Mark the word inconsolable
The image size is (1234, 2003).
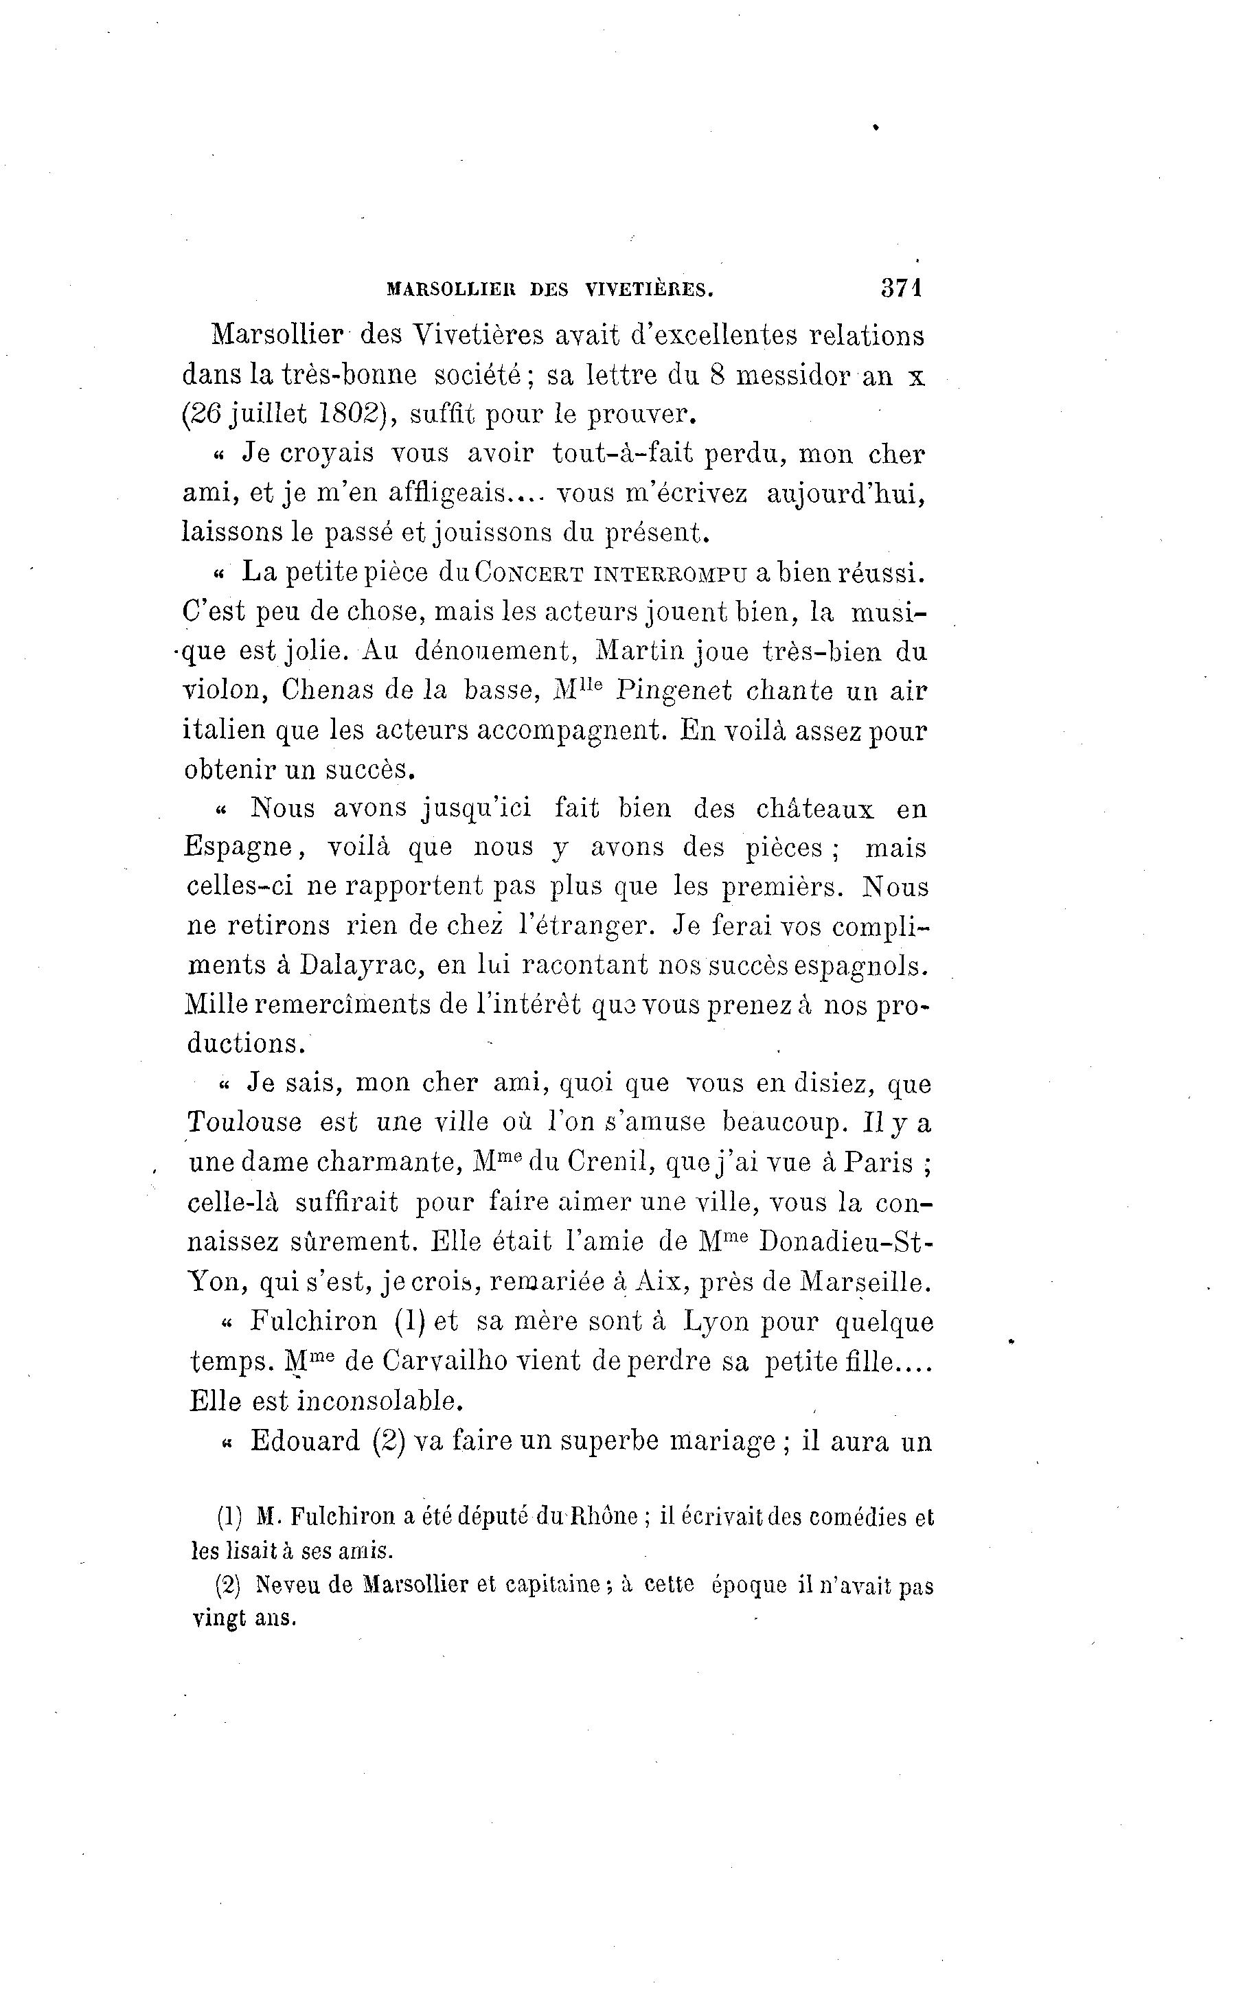[380, 1401]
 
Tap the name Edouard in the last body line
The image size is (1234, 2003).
[304, 1441]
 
